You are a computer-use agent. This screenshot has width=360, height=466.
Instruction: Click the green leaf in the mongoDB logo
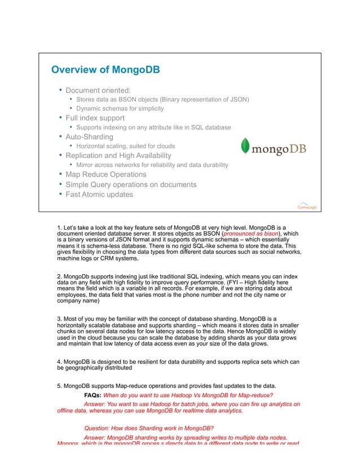click(244, 146)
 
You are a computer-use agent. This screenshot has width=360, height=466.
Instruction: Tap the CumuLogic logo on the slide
click(308, 205)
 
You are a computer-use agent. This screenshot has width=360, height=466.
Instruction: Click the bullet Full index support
click(95, 118)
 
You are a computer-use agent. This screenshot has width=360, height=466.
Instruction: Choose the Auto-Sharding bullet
click(89, 137)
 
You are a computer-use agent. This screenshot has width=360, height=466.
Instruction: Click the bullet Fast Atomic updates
click(99, 194)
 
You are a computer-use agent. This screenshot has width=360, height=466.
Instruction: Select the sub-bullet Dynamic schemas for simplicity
click(120, 108)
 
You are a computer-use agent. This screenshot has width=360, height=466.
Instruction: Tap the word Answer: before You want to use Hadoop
click(94, 404)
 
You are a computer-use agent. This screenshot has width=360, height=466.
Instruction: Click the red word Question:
click(97, 428)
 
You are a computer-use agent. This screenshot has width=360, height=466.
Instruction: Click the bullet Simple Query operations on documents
click(131, 184)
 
